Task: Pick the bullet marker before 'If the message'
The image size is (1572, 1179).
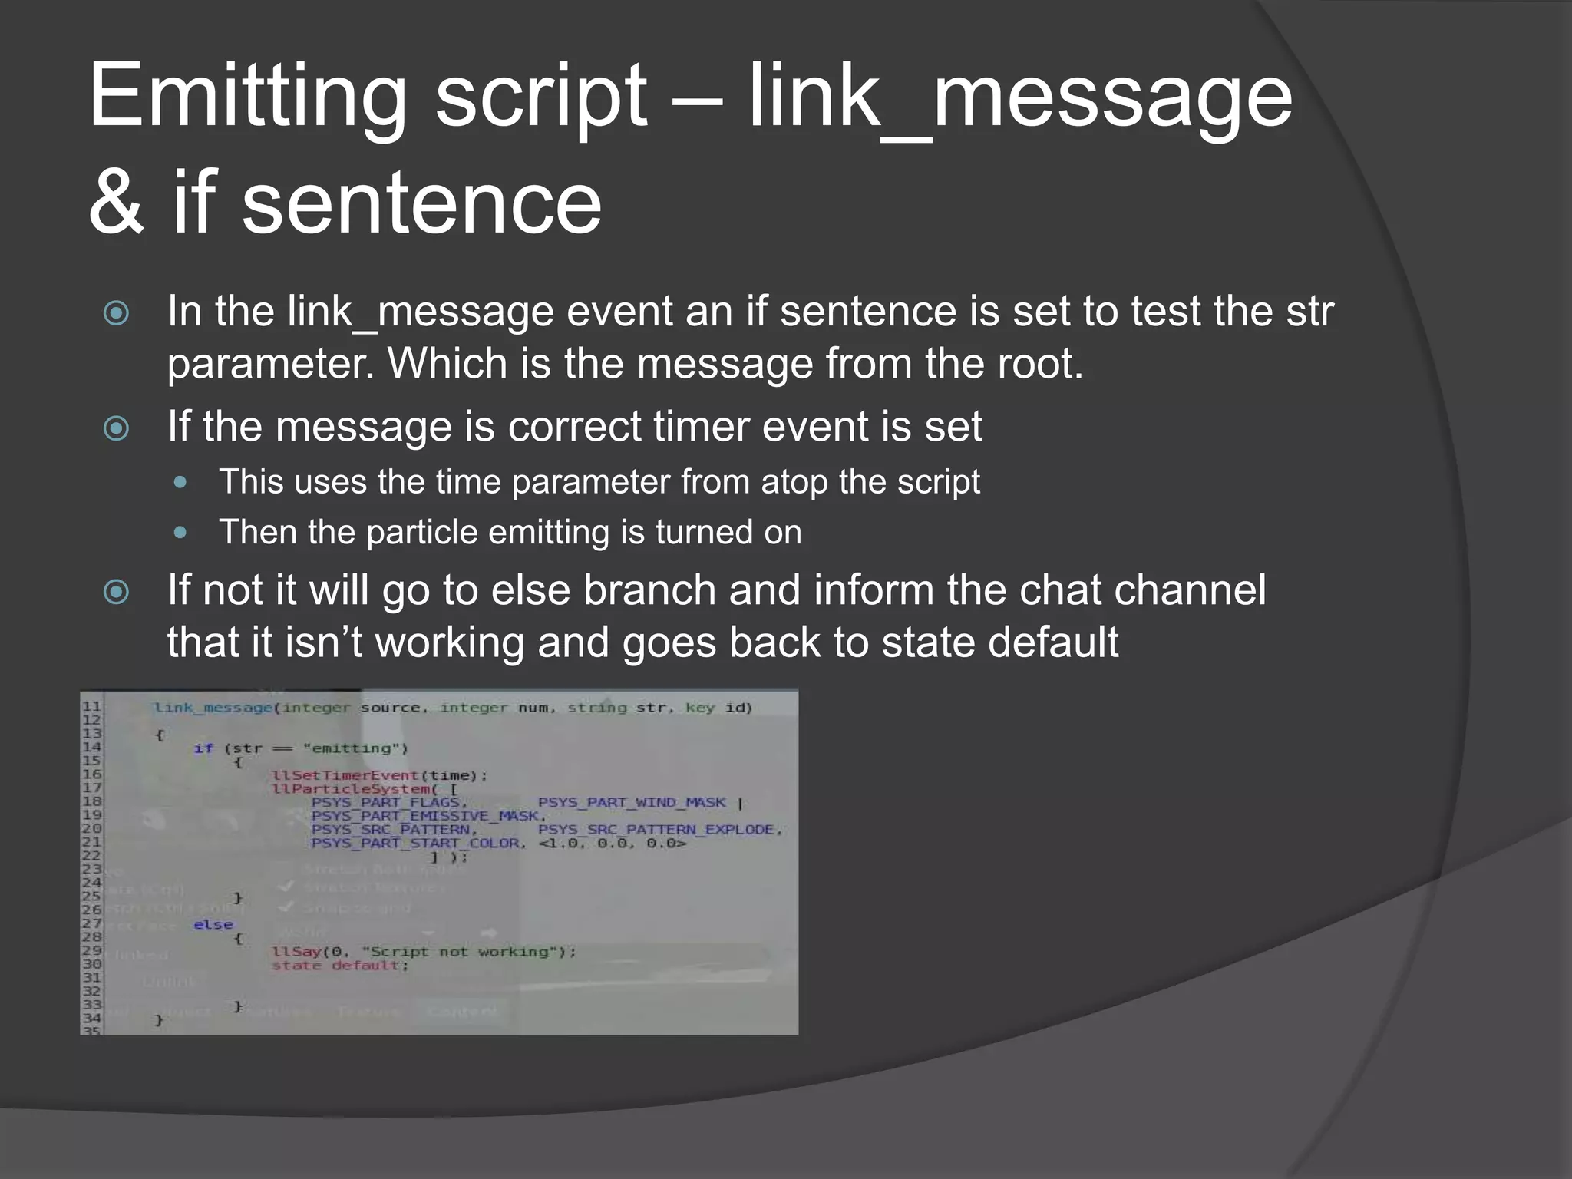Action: pyautogui.click(x=117, y=428)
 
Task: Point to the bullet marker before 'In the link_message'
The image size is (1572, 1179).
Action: pyautogui.click(x=117, y=313)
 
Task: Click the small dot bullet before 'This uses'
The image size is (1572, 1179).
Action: pyautogui.click(x=180, y=483)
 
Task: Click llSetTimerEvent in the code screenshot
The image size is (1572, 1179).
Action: pyautogui.click(x=345, y=775)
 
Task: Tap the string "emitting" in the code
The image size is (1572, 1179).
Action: pyautogui.click(x=355, y=748)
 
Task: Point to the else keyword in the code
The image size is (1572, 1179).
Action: pyautogui.click(x=213, y=925)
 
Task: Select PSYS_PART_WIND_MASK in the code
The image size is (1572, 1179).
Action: pyautogui.click(x=631, y=803)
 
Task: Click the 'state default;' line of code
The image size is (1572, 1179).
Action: pyautogui.click(x=340, y=966)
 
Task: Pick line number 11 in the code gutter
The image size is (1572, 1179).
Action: pyautogui.click(x=91, y=706)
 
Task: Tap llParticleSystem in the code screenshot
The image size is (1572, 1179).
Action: pyautogui.click(x=350, y=789)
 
